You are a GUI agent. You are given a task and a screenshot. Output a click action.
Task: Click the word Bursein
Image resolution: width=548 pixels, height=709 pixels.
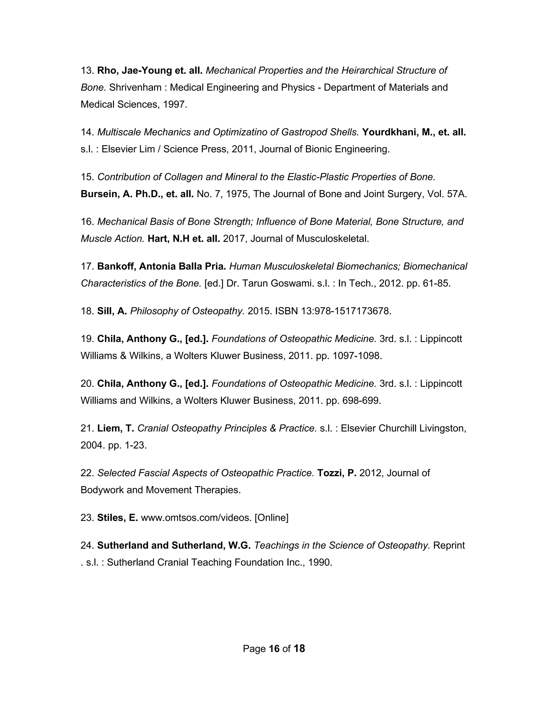coord(99,194)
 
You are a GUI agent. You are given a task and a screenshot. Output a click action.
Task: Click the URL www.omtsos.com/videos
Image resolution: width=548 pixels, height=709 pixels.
coord(196,518)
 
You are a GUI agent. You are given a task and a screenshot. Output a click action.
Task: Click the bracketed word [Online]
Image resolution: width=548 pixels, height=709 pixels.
coord(271,518)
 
